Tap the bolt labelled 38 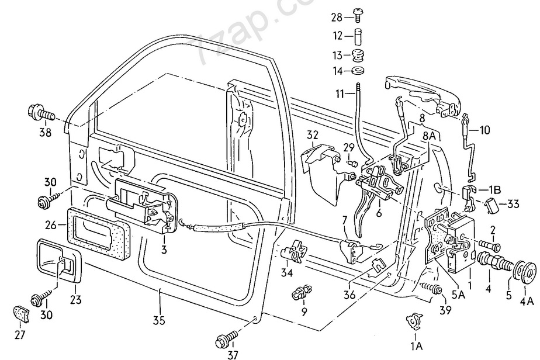point(39,111)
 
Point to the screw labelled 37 point(227,340)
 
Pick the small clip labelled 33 point(492,205)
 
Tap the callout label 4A point(527,301)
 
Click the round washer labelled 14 point(356,71)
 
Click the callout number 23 point(75,300)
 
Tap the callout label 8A point(429,136)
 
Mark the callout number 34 point(287,273)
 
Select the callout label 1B point(494,189)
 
